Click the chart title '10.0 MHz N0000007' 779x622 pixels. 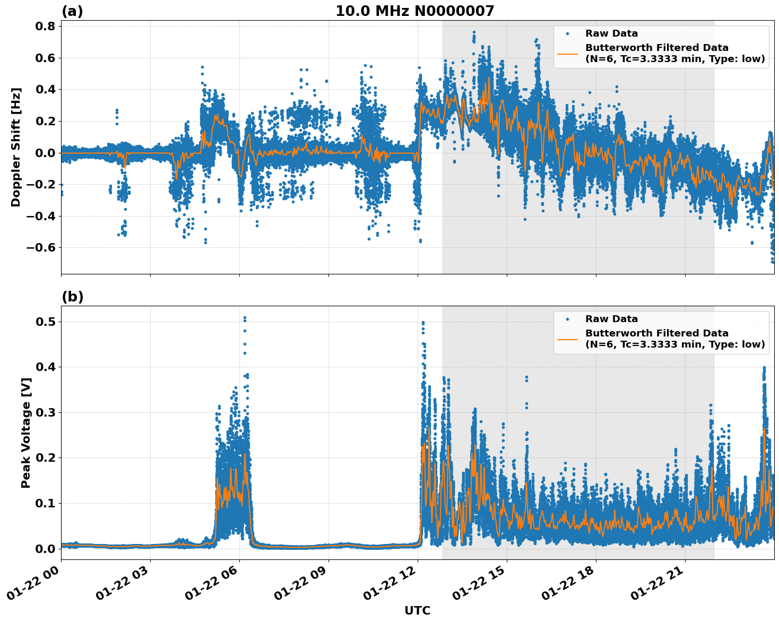[414, 11]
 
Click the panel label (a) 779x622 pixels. [72, 11]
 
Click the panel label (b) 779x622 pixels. [72, 297]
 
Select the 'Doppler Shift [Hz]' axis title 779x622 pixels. [16, 147]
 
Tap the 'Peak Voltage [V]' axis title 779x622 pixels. [25, 433]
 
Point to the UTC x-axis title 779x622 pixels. [417, 610]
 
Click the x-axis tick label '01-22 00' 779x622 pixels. [33, 586]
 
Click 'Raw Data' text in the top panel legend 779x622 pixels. [611, 33]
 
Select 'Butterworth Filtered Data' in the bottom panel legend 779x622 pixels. [656, 333]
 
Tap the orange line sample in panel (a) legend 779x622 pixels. [567, 54]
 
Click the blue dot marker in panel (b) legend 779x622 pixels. [567, 319]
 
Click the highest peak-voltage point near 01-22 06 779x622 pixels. [245, 318]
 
